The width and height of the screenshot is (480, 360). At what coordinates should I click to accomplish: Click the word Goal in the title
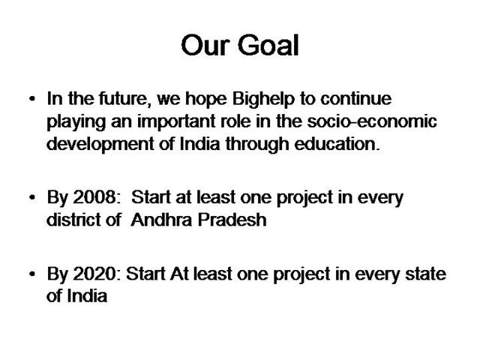point(268,45)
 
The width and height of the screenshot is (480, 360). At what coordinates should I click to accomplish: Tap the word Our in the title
point(205,45)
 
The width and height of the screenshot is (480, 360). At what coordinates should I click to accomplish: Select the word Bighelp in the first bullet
point(263,100)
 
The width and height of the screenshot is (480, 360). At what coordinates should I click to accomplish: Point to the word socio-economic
point(372,121)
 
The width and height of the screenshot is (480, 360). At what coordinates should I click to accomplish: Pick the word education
point(337,144)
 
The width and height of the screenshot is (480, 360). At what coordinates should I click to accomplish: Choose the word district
point(73,220)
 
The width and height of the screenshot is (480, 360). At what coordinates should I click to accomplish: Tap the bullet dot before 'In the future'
point(32,99)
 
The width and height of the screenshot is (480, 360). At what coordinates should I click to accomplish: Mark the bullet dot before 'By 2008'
point(32,197)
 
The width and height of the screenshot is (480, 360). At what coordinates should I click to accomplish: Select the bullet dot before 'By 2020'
point(32,274)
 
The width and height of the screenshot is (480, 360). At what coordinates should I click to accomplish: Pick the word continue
point(356,99)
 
